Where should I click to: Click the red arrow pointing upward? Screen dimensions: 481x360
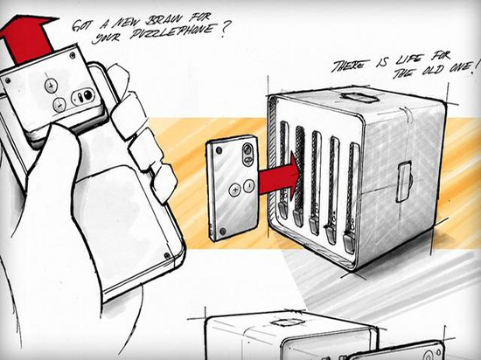tap(28, 39)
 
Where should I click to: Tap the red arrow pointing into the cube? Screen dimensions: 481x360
tap(279, 175)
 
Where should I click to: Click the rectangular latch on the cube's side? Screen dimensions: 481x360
tap(405, 182)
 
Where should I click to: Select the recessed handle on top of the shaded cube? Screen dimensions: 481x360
tap(359, 97)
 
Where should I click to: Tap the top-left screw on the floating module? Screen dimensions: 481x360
tap(219, 150)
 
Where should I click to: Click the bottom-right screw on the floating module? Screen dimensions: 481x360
tap(223, 231)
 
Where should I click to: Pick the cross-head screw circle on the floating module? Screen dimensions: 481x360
tap(235, 190)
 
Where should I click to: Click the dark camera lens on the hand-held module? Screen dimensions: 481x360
tap(87, 94)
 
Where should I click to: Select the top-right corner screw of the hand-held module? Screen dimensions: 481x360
tap(73, 55)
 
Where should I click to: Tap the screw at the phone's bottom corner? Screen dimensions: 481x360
tap(167, 255)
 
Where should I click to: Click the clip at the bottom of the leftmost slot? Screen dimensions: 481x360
tap(283, 211)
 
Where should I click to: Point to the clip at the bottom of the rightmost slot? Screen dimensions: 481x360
tap(348, 243)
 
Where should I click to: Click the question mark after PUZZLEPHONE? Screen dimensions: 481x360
tap(223, 29)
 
